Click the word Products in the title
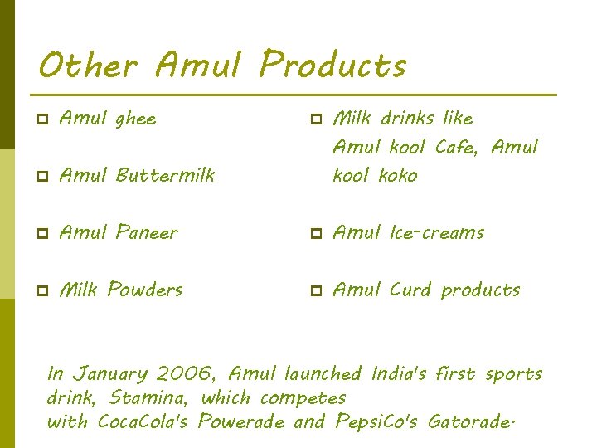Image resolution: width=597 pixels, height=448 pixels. [332, 64]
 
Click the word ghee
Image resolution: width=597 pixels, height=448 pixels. [135, 119]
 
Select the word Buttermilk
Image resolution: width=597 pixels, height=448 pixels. [166, 175]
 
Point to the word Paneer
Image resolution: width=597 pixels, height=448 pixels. [147, 232]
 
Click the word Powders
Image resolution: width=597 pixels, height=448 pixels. [145, 290]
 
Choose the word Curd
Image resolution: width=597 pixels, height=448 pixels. [410, 290]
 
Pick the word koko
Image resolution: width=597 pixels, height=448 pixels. [398, 175]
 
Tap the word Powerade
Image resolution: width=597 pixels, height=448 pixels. [240, 422]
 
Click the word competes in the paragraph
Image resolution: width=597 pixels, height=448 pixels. [303, 398]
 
